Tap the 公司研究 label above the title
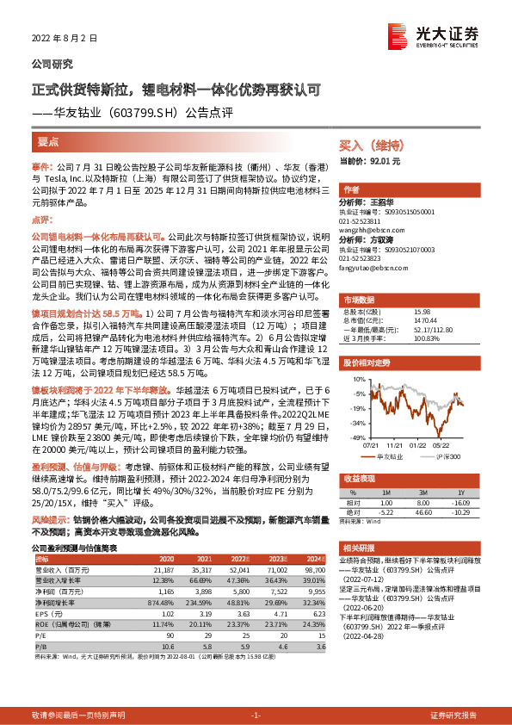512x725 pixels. [52, 64]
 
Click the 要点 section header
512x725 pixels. [48, 142]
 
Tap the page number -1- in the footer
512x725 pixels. [256, 715]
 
